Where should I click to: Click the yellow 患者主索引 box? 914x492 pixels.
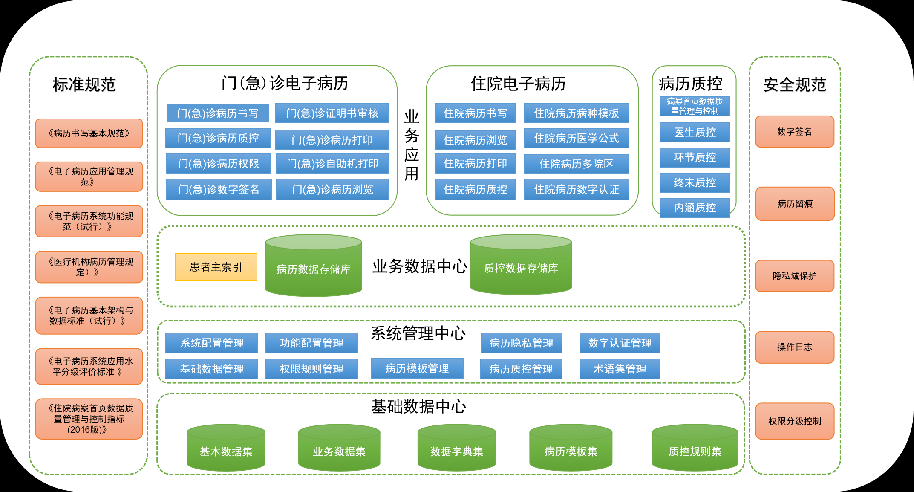click(x=216, y=267)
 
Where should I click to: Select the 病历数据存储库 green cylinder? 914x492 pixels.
click(x=313, y=269)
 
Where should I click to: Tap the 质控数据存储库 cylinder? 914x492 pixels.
click(x=521, y=268)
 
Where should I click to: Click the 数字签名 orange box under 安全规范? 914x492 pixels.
click(x=794, y=132)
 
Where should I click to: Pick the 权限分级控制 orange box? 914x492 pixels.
click(x=794, y=421)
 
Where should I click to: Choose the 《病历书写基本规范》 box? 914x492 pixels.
click(x=89, y=133)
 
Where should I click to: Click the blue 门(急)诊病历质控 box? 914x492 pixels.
click(x=218, y=138)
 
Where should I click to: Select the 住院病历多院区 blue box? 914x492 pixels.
click(x=576, y=164)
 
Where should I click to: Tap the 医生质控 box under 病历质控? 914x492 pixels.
click(x=695, y=133)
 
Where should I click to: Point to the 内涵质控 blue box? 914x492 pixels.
click(x=695, y=208)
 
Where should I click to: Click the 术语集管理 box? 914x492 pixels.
click(x=620, y=369)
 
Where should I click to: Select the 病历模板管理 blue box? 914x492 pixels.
click(x=417, y=368)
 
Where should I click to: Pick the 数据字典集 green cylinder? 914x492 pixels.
click(x=456, y=451)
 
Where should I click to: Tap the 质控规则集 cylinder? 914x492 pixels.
click(x=695, y=451)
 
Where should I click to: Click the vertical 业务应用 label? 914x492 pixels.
click(x=411, y=145)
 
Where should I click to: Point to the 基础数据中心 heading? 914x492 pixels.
click(x=418, y=406)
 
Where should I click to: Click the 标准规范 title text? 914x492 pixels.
click(x=84, y=84)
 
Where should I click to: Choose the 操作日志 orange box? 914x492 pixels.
click(x=794, y=347)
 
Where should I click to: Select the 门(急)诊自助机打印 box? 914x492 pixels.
click(x=332, y=164)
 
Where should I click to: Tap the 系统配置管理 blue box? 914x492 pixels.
click(x=212, y=343)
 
